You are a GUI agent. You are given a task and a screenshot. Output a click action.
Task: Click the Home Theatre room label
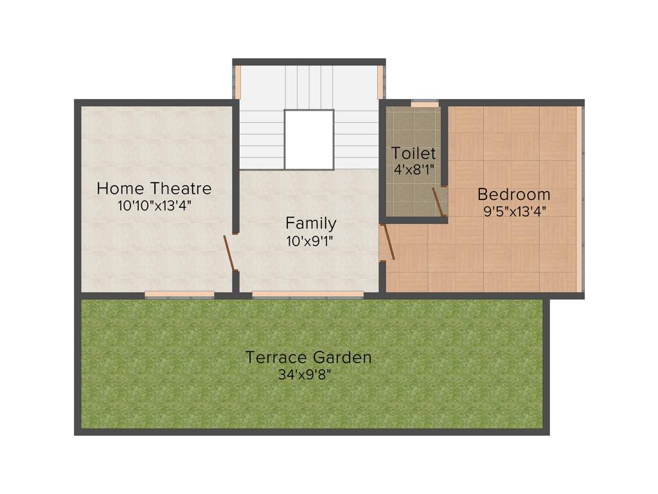pos(154,188)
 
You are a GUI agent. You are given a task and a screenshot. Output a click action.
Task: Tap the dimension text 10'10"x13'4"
pos(154,205)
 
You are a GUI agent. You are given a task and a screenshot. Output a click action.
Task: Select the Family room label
pos(310,223)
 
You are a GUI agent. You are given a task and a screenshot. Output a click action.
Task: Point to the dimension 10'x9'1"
pos(310,241)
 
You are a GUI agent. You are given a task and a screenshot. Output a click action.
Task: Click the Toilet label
pos(414,154)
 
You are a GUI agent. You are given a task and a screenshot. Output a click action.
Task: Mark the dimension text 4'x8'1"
pos(414,170)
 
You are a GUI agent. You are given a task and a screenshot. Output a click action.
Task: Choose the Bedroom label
pos(514,194)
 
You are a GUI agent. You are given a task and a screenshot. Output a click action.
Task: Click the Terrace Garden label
pos(308,357)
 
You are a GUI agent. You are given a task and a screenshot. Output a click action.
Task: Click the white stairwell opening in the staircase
pos(309,139)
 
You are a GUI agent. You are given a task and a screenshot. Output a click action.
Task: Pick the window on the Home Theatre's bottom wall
pos(179,295)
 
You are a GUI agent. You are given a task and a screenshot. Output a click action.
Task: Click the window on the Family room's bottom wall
pos(307,295)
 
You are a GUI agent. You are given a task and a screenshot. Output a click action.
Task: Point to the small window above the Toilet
pos(425,103)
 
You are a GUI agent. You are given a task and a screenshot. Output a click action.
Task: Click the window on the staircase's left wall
pos(236,82)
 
